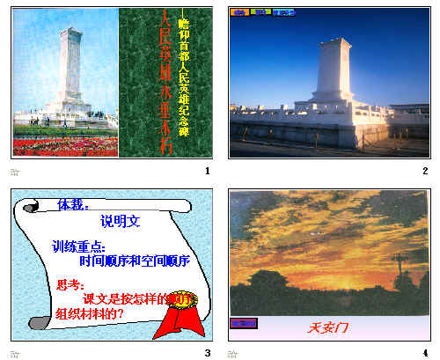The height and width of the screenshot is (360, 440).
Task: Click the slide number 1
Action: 206,171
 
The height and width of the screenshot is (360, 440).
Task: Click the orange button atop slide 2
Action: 238,13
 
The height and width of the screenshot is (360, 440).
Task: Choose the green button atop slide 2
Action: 260,13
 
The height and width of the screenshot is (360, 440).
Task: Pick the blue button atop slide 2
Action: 282,13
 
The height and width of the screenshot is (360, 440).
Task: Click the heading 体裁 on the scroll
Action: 72,204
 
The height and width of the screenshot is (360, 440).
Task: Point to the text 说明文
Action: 121,221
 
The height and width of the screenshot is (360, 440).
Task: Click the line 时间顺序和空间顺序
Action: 134,261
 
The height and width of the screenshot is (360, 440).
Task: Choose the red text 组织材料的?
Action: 89,313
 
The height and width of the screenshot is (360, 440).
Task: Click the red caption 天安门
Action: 328,328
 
